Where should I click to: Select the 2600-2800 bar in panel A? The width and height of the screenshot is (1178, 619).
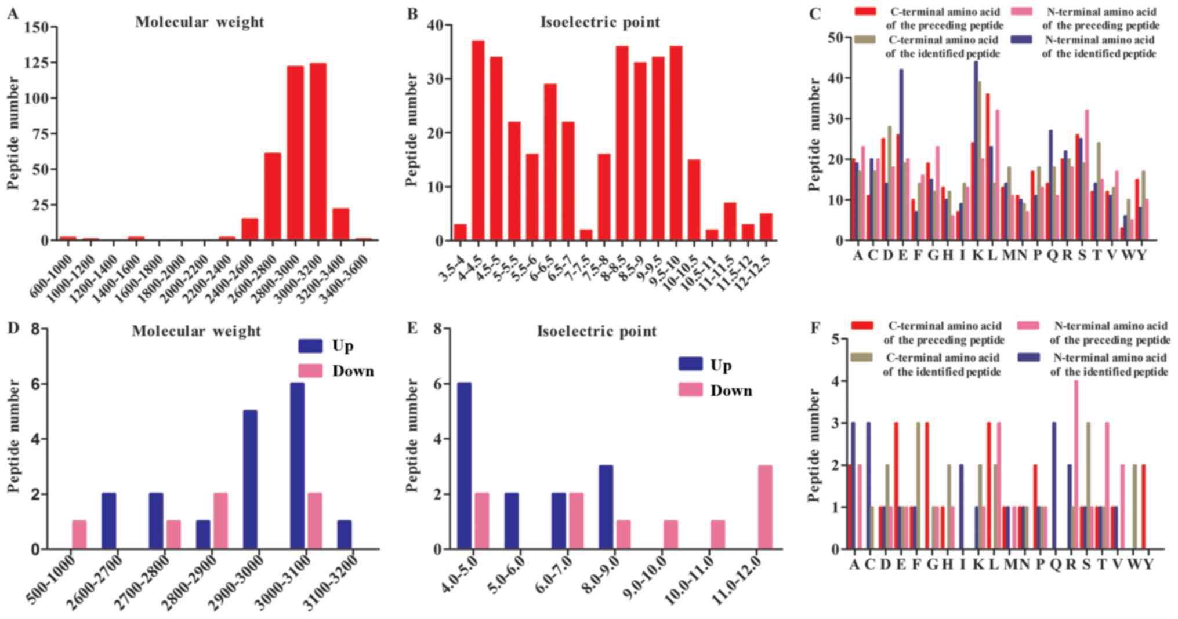[273, 196]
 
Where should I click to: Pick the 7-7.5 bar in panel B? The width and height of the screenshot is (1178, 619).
[586, 235]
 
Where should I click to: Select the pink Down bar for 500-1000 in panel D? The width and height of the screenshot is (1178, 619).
[79, 535]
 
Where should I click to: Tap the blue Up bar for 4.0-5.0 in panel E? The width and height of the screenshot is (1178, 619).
[465, 466]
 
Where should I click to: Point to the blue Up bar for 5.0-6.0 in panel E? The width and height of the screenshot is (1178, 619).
[512, 521]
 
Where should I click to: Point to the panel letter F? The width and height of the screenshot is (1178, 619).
[815, 329]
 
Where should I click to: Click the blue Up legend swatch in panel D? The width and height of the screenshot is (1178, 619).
[310, 346]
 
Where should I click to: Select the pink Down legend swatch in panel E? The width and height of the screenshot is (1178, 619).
[690, 390]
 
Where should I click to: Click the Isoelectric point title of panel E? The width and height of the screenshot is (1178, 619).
[597, 332]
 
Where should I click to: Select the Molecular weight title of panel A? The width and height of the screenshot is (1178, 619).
[200, 22]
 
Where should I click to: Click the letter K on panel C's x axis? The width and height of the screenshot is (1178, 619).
[977, 255]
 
